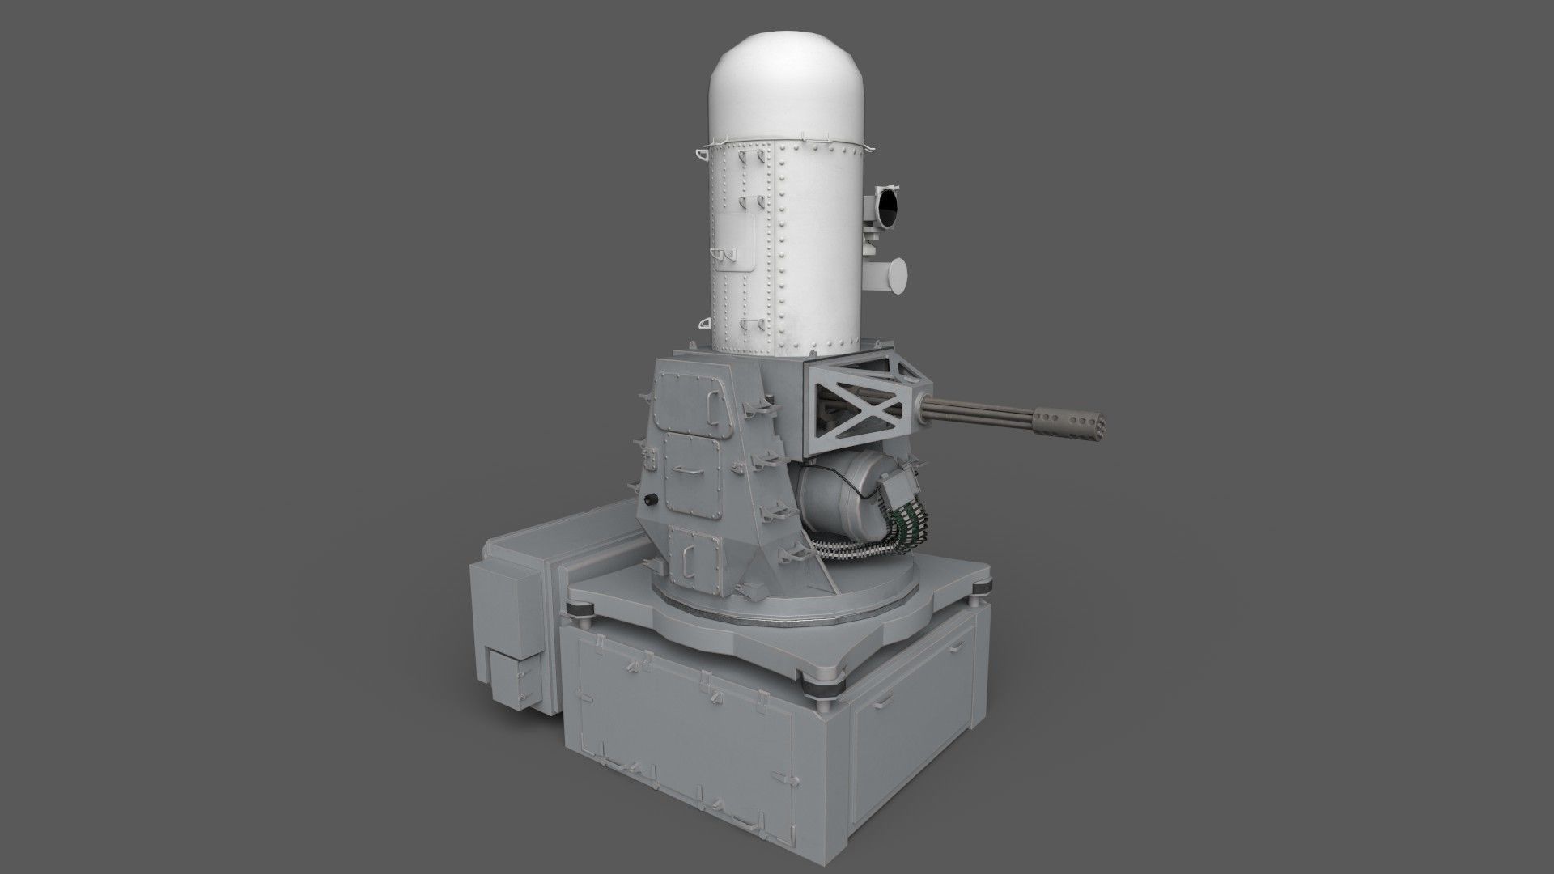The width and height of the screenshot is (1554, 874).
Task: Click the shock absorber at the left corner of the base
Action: point(581,612)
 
